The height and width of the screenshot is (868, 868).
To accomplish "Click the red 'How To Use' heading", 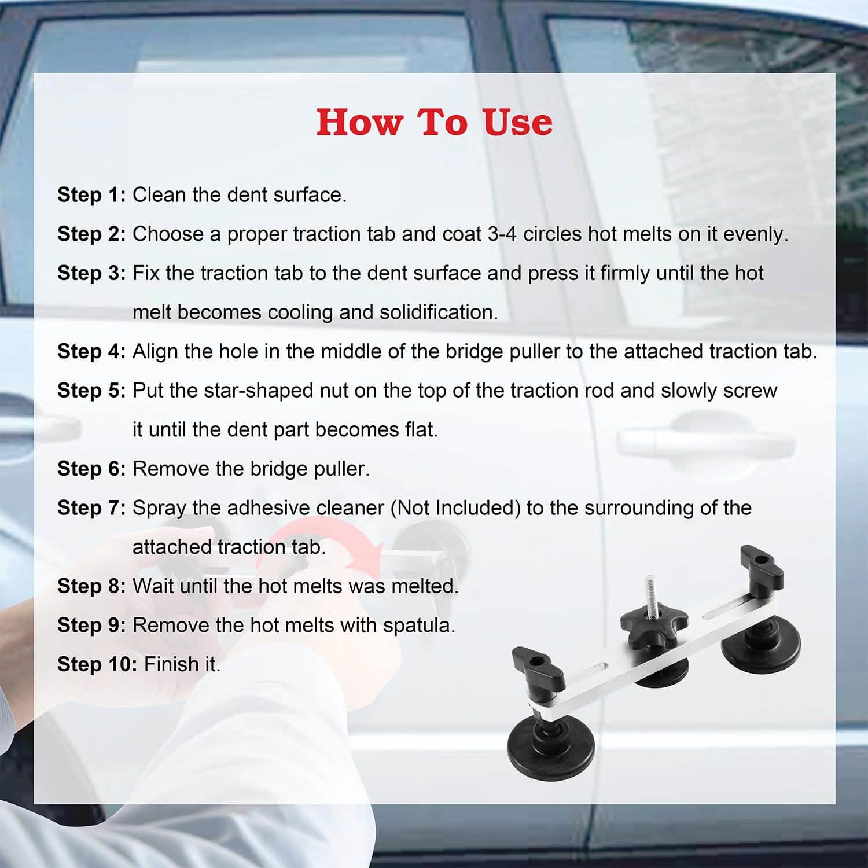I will click(x=434, y=122).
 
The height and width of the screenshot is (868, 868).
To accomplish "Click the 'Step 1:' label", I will click(x=91, y=195).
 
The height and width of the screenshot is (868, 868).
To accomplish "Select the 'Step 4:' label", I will click(x=91, y=351).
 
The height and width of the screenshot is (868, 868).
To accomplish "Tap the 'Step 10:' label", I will click(x=97, y=664).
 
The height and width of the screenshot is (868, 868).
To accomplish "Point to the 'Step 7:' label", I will click(x=91, y=507).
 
